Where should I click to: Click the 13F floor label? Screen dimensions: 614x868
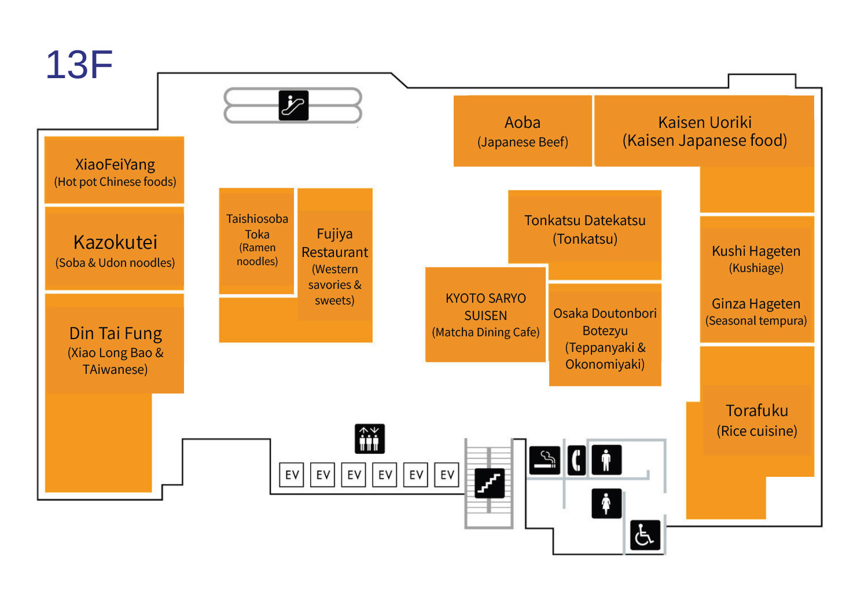point(79,65)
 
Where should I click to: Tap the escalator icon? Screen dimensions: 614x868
point(293,105)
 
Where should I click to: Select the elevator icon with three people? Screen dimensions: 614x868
point(369,439)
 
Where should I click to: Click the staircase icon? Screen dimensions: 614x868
point(490,483)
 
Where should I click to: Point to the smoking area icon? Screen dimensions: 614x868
point(545,461)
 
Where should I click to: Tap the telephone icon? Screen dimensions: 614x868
point(576,461)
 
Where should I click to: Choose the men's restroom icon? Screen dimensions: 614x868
point(606,460)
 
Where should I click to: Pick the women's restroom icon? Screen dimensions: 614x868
point(606,503)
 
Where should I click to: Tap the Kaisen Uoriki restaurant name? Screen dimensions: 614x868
point(705,123)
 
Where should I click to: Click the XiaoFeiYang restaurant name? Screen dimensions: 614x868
point(115,165)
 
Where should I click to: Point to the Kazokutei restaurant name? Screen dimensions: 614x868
point(115,242)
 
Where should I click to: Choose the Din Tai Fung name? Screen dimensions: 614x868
point(115,334)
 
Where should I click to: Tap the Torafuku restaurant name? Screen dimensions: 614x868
point(757,411)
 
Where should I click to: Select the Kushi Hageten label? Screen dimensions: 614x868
point(756,251)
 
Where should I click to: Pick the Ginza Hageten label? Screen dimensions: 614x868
point(756,304)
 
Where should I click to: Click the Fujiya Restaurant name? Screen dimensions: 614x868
point(334,243)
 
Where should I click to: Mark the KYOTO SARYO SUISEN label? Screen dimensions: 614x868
point(486,307)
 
